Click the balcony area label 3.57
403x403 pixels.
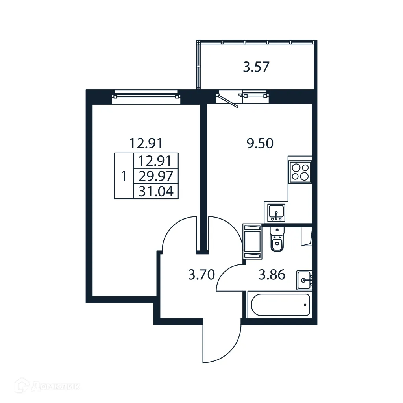pos(256,67)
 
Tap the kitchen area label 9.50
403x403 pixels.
pos(260,144)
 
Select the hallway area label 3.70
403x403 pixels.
pos(201,275)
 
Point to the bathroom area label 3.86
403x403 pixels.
pos(271,275)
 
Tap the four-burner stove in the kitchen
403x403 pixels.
pos(300,172)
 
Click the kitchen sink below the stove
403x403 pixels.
pos(277,213)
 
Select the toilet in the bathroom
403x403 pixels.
pos(277,240)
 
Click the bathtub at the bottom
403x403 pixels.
pos(279,305)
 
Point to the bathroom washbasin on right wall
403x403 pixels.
pos(305,280)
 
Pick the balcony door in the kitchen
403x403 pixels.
pos(229,98)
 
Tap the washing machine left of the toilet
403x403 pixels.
pos(252,241)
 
